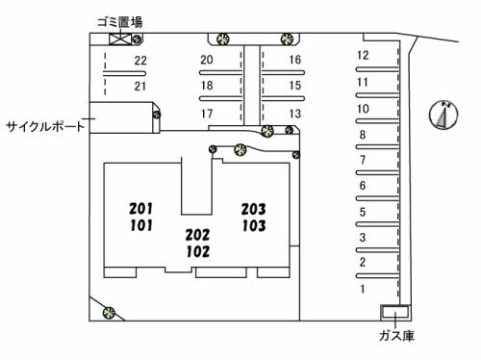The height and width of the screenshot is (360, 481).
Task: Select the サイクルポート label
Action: pos(44,126)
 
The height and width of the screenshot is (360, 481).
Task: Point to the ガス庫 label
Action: pos(394,336)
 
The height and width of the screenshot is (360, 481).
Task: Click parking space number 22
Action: pos(140,61)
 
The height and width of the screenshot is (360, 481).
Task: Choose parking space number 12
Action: pos(363,55)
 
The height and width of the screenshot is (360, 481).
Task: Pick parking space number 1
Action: pos(363,288)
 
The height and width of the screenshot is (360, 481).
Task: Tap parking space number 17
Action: pos(206,114)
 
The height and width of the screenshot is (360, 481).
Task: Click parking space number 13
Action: pos(294,114)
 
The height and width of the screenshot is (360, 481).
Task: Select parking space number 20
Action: pos(206,60)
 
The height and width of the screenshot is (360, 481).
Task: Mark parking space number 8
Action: pos(363,135)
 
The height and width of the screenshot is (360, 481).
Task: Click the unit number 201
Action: pos(140,208)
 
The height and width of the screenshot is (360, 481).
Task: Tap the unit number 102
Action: pos(197,251)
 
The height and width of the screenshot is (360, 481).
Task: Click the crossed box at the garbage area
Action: pos(119,40)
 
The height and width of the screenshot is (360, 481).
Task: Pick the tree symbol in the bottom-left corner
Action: pos(109,312)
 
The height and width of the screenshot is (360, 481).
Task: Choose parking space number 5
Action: pos(363,212)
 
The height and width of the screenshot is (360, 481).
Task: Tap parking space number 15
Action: pos(294,86)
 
